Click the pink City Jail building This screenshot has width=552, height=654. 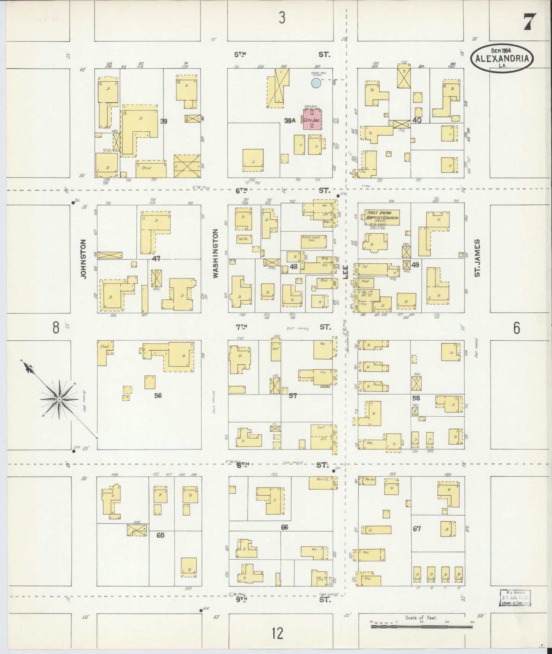[312, 119]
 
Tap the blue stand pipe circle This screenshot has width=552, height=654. [316, 83]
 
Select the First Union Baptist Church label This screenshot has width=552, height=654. [382, 215]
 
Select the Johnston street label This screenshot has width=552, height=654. [84, 259]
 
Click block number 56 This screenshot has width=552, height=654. [158, 395]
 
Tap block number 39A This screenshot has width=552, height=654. [290, 121]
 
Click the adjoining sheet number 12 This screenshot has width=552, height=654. [278, 633]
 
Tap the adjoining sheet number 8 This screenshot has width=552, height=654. [56, 327]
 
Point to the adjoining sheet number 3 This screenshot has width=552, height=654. [282, 18]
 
